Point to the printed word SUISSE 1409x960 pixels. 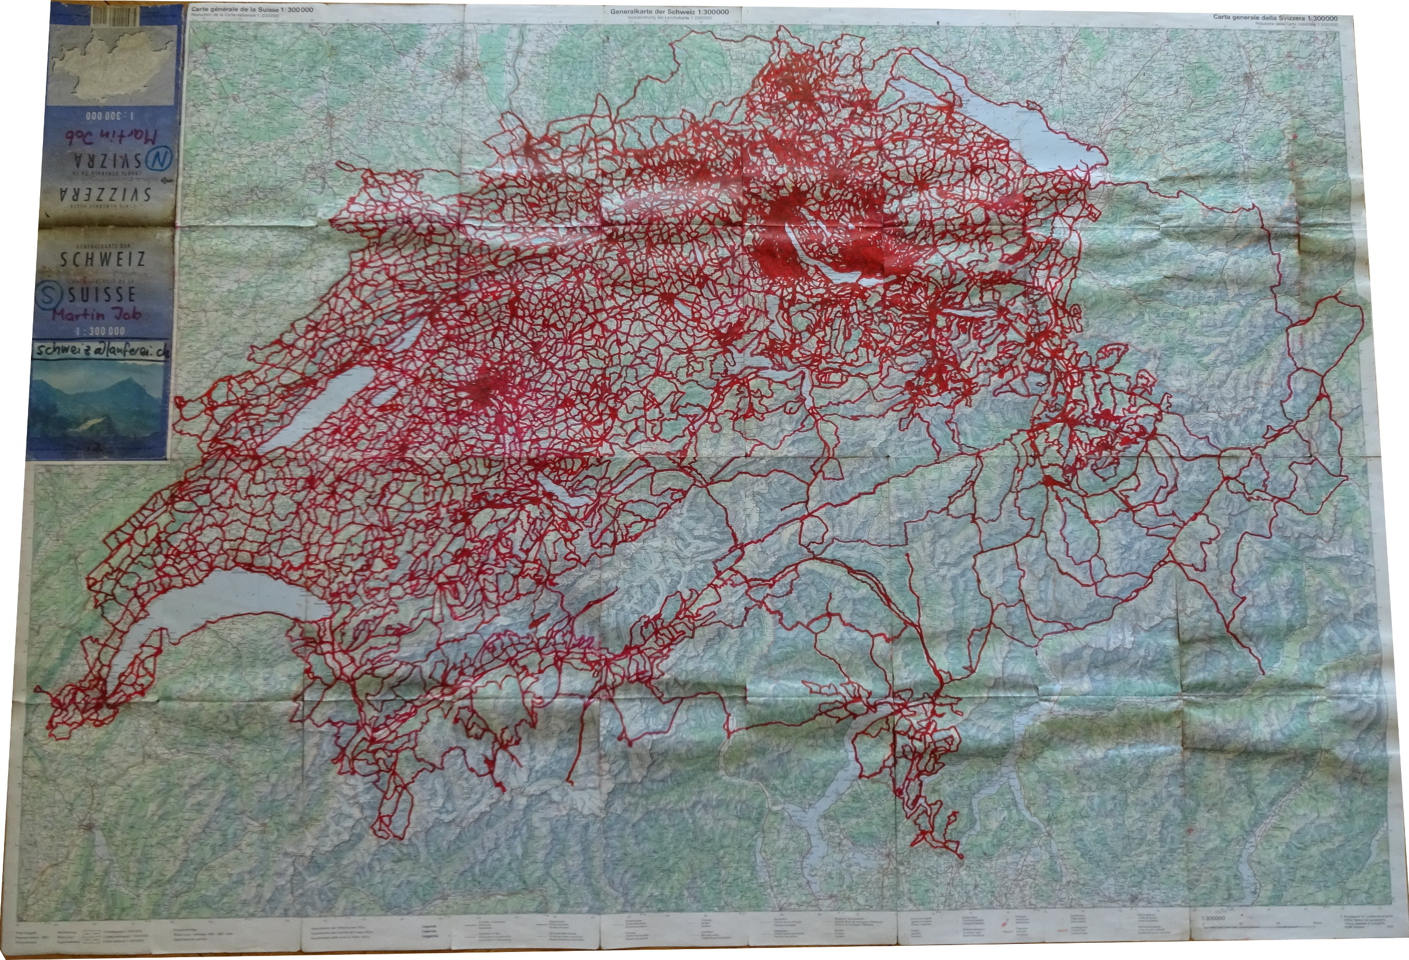[102, 296]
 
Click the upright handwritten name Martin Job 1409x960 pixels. [96, 315]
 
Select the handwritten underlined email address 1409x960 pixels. [100, 351]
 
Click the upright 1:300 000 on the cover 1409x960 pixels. [100, 332]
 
